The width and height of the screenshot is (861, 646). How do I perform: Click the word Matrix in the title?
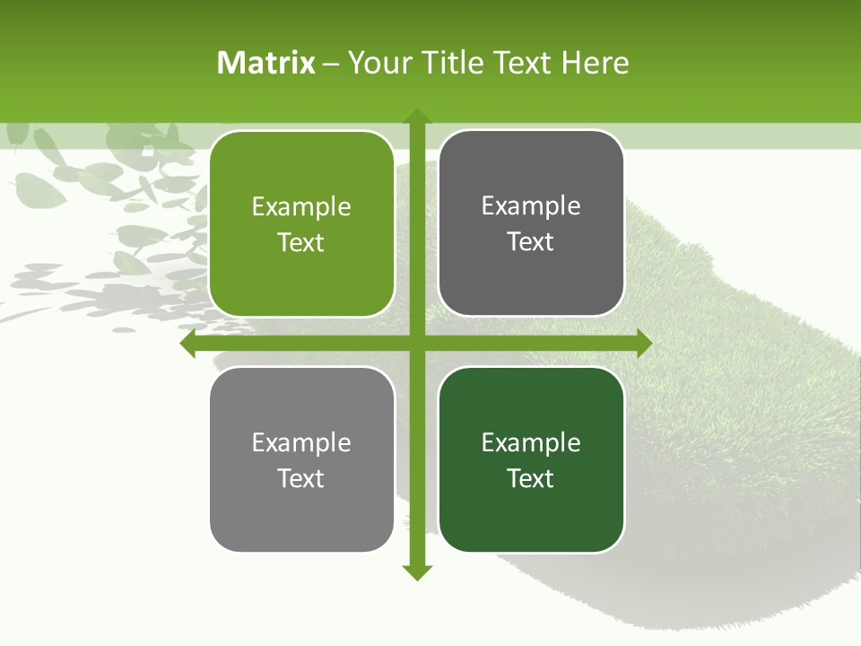[266, 63]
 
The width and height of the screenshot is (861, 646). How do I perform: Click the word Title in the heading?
[453, 63]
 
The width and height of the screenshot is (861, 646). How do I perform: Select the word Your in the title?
[380, 63]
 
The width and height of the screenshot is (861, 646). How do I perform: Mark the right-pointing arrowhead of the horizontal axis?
[643, 344]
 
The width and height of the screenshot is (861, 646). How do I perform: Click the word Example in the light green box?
[301, 207]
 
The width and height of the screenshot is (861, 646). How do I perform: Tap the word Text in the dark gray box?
[531, 242]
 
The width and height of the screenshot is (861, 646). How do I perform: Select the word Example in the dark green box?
[531, 442]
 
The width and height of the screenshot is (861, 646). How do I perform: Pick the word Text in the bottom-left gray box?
[301, 479]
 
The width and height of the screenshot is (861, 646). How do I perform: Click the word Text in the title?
[523, 63]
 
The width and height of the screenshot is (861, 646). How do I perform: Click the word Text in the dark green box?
[531, 479]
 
